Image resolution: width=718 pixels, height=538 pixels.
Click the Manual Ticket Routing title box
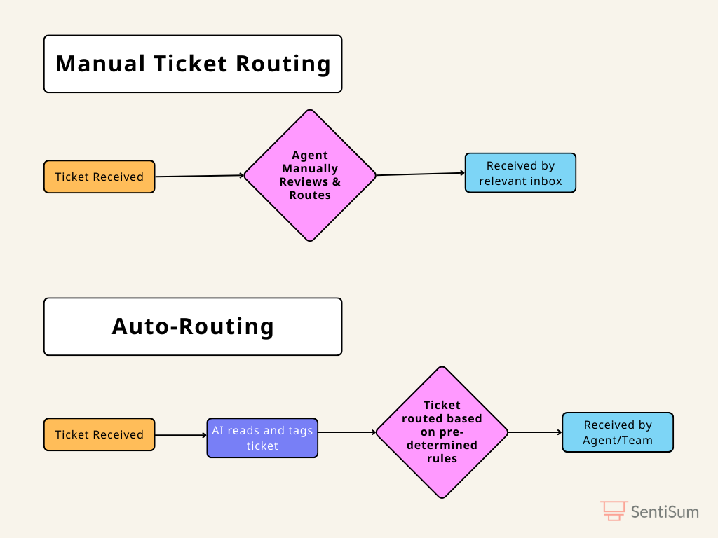[193, 64]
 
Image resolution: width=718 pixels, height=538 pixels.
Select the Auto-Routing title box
[193, 326]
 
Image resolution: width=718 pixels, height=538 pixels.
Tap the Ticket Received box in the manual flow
[100, 177]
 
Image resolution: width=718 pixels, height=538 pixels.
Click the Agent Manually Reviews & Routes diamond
[310, 175]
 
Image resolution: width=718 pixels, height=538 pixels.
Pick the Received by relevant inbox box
[521, 173]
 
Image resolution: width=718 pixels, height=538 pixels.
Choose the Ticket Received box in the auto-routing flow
[100, 434]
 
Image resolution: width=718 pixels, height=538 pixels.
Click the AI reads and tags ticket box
[262, 438]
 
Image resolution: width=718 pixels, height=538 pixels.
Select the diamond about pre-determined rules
[442, 432]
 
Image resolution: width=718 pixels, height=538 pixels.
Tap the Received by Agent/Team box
[618, 432]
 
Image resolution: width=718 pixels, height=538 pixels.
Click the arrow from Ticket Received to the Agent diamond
[200, 176]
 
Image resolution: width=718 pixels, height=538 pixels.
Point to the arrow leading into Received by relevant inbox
[421, 174]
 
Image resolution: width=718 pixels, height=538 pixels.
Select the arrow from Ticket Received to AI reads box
[181, 435]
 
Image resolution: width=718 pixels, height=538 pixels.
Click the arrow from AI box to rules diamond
[347, 432]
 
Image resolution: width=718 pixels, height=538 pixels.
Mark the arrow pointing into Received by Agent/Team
[535, 432]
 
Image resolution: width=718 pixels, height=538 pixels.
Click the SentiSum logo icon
[614, 511]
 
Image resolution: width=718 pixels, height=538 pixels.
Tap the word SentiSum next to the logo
[665, 512]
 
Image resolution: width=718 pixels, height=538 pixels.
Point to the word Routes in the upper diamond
[310, 195]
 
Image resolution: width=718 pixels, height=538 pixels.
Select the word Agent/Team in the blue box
[618, 441]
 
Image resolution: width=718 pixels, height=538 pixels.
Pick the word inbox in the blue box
[544, 181]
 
